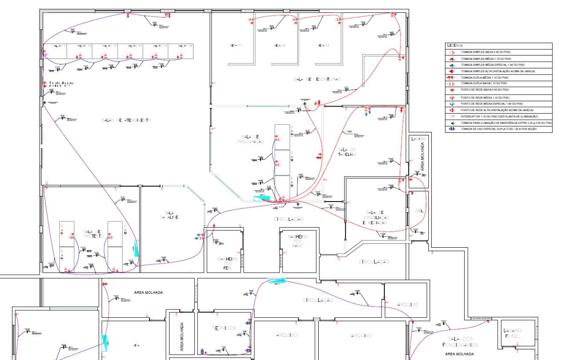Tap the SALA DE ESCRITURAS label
pos(317,79)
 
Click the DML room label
pos(420,210)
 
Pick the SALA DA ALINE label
pos(169,214)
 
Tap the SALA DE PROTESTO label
pos(93,234)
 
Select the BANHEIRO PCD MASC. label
pos(300,241)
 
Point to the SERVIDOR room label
pos(224,328)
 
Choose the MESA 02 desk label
pos(280,46)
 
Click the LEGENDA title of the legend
pos(455,45)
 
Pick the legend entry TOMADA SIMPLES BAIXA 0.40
pos(485,52)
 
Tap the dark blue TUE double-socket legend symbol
pos(451,129)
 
